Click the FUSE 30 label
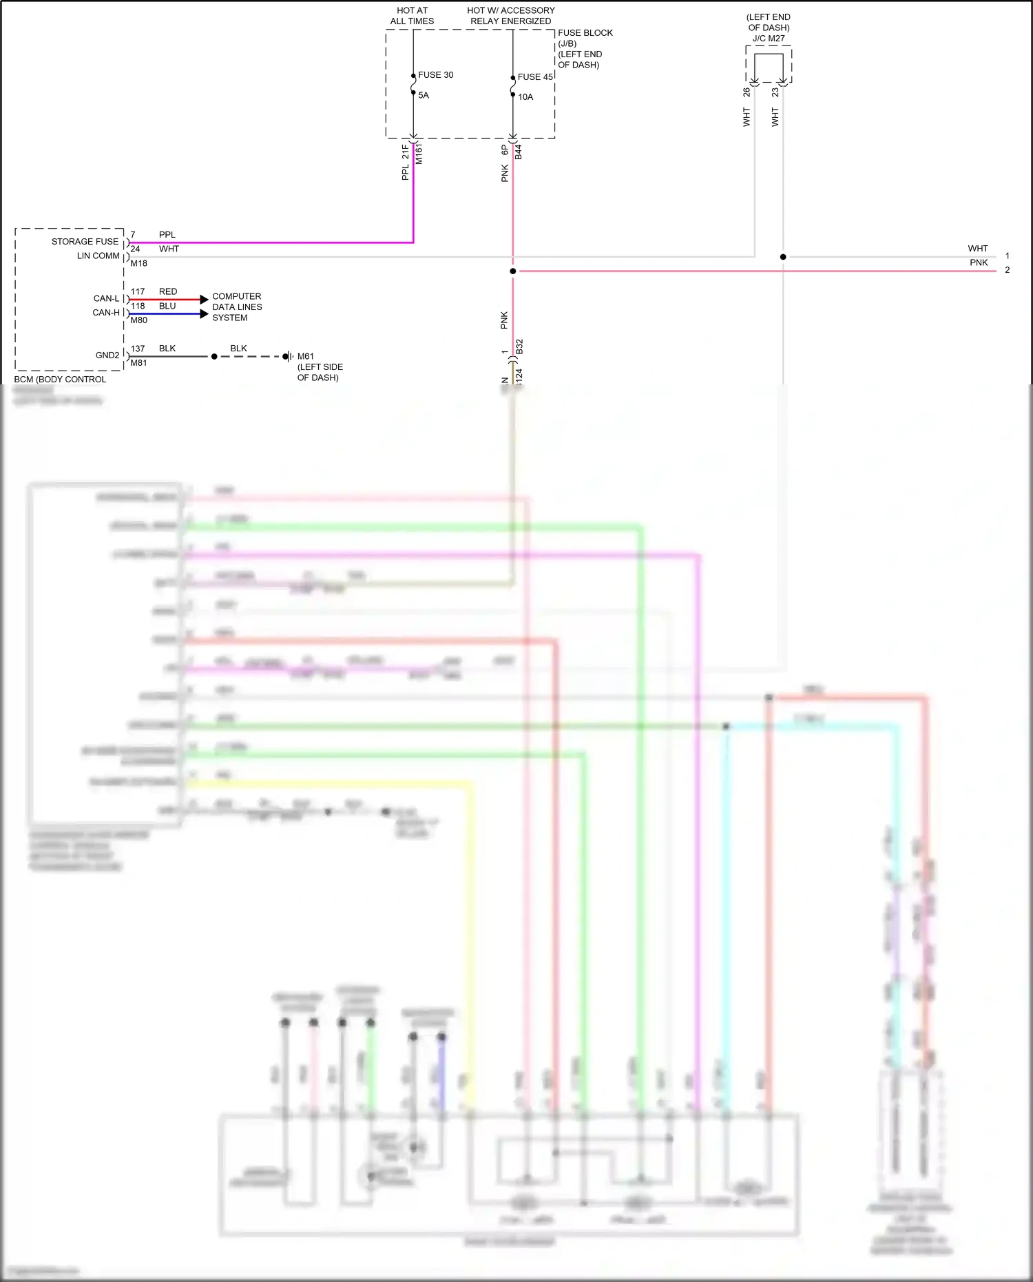click(x=435, y=75)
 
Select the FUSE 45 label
click(x=535, y=77)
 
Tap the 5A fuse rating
click(x=424, y=96)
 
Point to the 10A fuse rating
click(x=525, y=97)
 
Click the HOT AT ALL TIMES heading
click(x=412, y=16)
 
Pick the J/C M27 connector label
click(x=769, y=39)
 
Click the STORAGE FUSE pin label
click(x=85, y=242)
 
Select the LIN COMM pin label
click(x=98, y=256)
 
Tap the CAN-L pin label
click(x=106, y=299)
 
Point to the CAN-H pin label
click(x=106, y=313)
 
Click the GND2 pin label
click(x=107, y=355)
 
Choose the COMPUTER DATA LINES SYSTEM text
click(x=237, y=307)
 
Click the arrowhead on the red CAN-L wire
click(x=204, y=300)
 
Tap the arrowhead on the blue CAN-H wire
click(x=204, y=314)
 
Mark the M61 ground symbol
click(x=289, y=356)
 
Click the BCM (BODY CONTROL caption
click(x=60, y=380)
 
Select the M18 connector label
click(x=138, y=264)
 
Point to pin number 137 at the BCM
click(x=138, y=349)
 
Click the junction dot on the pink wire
click(x=512, y=271)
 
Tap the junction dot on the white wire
click(x=783, y=257)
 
